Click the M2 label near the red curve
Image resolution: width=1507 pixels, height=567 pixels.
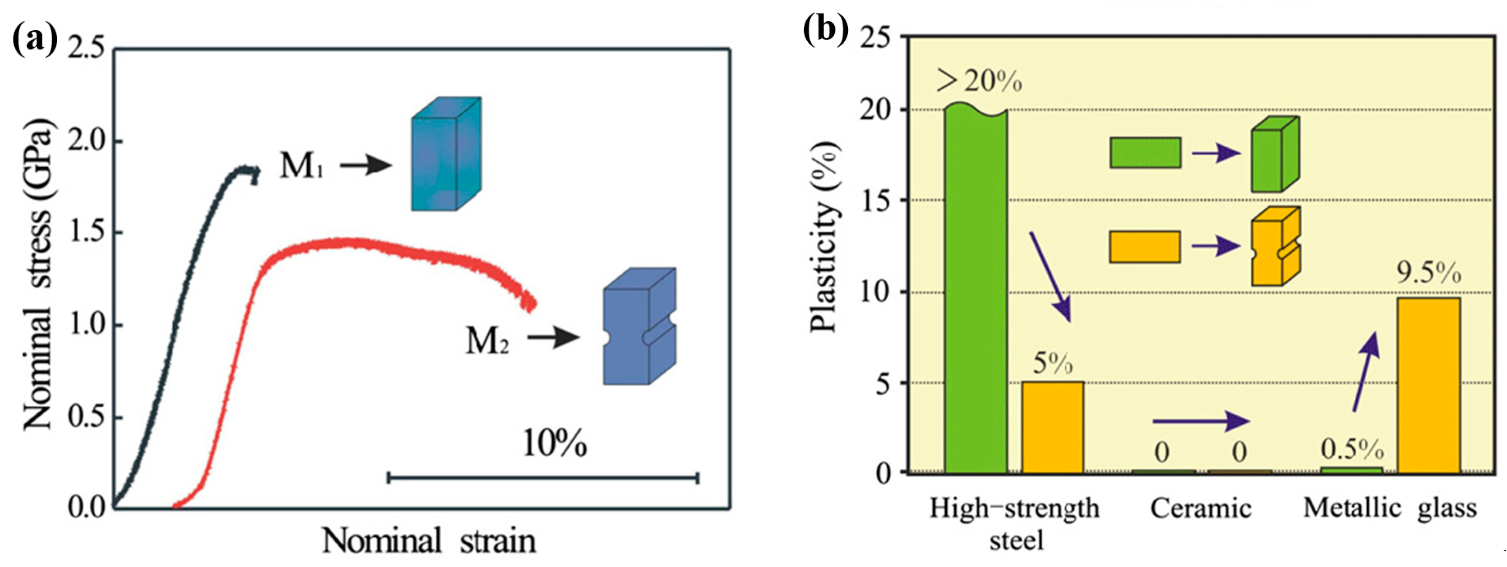pyautogui.click(x=487, y=340)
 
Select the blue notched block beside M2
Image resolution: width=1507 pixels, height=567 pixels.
pyautogui.click(x=639, y=326)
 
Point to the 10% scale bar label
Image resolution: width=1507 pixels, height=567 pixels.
pyautogui.click(x=554, y=444)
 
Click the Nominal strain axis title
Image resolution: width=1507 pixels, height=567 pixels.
pyautogui.click(x=429, y=540)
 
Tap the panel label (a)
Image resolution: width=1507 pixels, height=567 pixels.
pyautogui.click(x=35, y=39)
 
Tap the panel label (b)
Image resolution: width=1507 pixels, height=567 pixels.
pyautogui.click(x=825, y=30)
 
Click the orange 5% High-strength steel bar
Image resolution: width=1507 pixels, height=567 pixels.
pyautogui.click(x=1052, y=427)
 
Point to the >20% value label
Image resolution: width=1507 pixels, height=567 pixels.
pyautogui.click(x=979, y=82)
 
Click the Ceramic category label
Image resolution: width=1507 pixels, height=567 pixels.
pyautogui.click(x=1201, y=508)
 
